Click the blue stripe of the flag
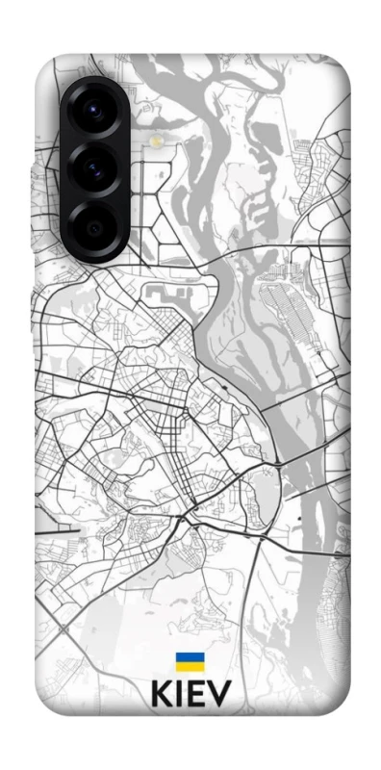point(190,657)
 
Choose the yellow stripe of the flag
point(190,666)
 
